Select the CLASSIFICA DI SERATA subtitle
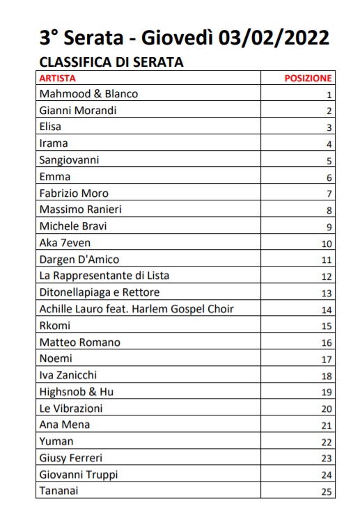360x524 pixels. point(111,61)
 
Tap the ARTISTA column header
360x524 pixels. point(57,78)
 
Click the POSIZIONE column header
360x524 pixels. point(308,79)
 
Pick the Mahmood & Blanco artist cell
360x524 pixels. point(88,94)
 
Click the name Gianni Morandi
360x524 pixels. point(77,111)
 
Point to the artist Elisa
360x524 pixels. point(50,127)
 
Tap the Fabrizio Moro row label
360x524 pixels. point(74,193)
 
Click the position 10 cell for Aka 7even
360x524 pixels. point(326,244)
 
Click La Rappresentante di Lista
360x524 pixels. point(104,276)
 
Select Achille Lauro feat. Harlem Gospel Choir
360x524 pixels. point(136,309)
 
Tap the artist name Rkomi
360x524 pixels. point(55,325)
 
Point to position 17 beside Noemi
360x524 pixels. point(326,360)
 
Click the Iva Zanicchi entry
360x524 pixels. point(68,375)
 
